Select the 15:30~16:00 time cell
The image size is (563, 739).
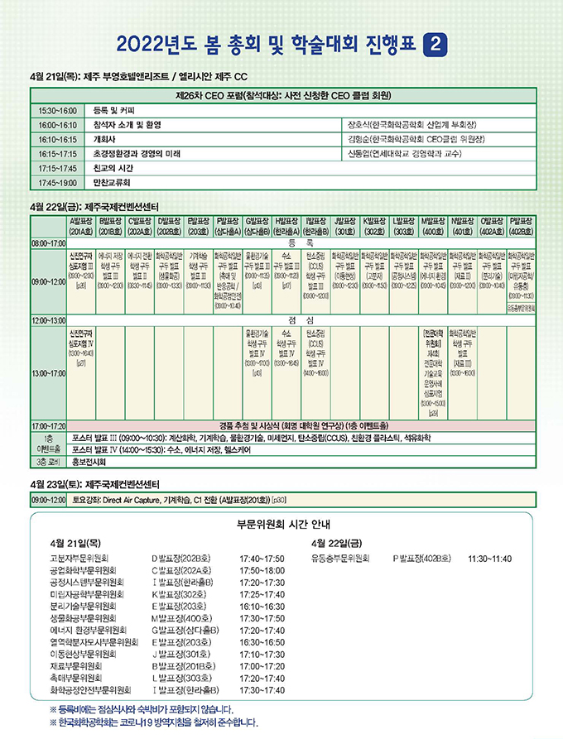[x=57, y=110]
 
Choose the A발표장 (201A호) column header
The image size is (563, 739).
[x=81, y=227]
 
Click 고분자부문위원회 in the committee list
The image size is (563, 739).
[x=84, y=559]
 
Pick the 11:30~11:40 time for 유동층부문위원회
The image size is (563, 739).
[x=490, y=559]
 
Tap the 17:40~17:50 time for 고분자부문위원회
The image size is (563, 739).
[x=262, y=559]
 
